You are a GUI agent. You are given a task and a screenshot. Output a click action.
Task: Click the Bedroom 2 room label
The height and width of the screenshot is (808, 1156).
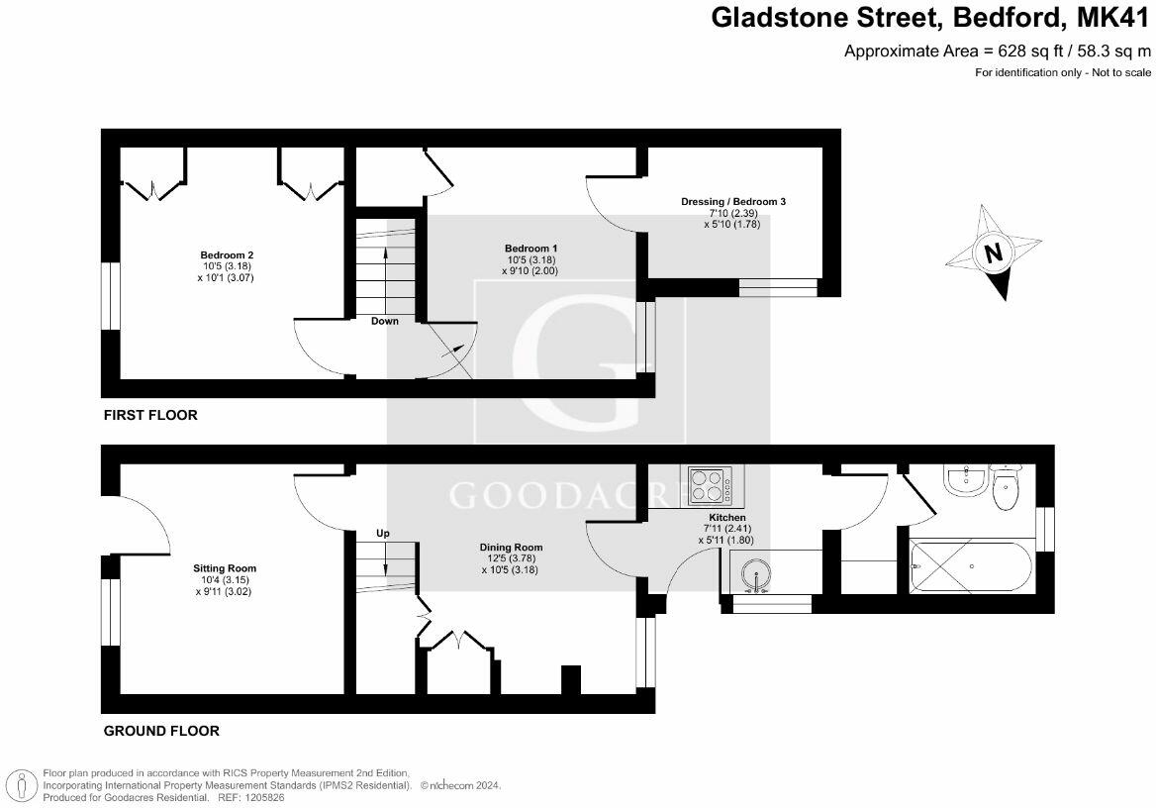[220, 254]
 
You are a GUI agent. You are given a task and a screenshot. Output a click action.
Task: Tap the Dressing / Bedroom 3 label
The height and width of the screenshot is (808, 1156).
[733, 202]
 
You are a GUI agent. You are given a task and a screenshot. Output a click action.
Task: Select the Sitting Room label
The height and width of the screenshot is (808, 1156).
[225, 568]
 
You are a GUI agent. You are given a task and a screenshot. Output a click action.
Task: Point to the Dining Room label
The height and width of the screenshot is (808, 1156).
[512, 548]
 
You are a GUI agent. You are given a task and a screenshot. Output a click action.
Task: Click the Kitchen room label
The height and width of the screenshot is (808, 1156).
[727, 518]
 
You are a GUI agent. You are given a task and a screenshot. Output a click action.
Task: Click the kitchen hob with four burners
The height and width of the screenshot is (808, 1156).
[708, 486]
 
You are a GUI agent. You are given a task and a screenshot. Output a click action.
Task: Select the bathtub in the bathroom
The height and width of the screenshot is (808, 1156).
[970, 568]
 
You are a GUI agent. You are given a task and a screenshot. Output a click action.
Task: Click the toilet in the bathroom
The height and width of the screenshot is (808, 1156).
[1007, 486]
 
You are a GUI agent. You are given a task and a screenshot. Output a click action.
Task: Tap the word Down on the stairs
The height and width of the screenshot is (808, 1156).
[385, 321]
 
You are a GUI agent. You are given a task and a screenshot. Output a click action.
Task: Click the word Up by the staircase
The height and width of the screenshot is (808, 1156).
[383, 534]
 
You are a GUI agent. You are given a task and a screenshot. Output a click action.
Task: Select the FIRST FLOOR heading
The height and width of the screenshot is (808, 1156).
[150, 415]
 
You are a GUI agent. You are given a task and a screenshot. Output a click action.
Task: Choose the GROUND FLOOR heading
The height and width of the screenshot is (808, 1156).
[161, 731]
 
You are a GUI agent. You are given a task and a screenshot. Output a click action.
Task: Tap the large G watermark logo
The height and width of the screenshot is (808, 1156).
[579, 361]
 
